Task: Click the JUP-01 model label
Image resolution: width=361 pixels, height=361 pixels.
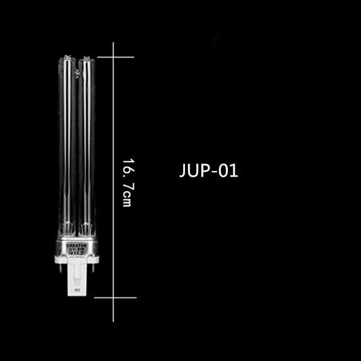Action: [x=209, y=170]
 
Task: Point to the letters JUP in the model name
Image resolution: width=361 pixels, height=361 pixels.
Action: [x=193, y=170]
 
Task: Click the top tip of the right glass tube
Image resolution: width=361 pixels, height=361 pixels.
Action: [x=85, y=57]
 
